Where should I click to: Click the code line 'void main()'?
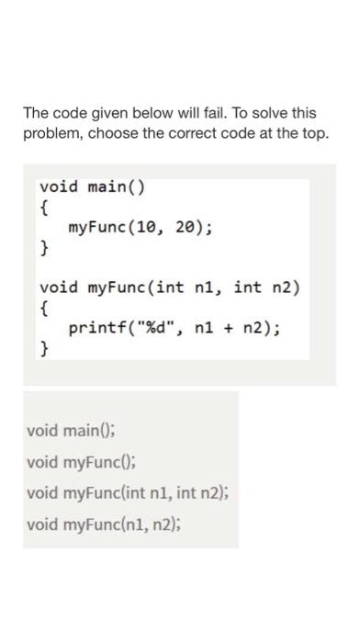(92, 187)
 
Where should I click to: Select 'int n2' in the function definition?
(267, 288)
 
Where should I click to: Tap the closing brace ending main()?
(43, 248)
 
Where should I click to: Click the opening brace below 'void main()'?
(43, 208)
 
